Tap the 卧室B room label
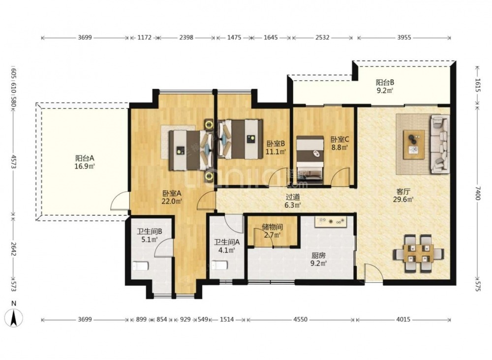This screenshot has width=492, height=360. (x=276, y=144)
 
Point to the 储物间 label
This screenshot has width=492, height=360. (x=273, y=227)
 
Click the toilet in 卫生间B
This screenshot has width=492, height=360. (x=140, y=266)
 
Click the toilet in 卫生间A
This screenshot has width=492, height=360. (x=219, y=265)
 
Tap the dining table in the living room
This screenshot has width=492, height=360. (x=419, y=253)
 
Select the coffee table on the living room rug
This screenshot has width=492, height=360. (x=414, y=144)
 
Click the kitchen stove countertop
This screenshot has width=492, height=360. (x=330, y=222)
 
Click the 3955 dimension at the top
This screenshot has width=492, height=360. (x=404, y=38)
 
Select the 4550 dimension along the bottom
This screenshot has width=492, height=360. (x=301, y=320)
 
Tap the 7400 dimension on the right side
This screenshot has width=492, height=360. (x=478, y=193)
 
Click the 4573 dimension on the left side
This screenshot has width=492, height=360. (x=13, y=161)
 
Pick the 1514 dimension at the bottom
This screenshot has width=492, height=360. (x=227, y=320)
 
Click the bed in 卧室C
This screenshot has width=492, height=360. (x=310, y=160)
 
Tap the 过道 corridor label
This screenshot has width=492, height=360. (x=293, y=197)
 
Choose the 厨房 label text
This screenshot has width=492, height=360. (x=318, y=256)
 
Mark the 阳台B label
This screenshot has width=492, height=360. (x=385, y=83)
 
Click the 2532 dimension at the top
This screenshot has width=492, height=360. (x=322, y=38)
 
